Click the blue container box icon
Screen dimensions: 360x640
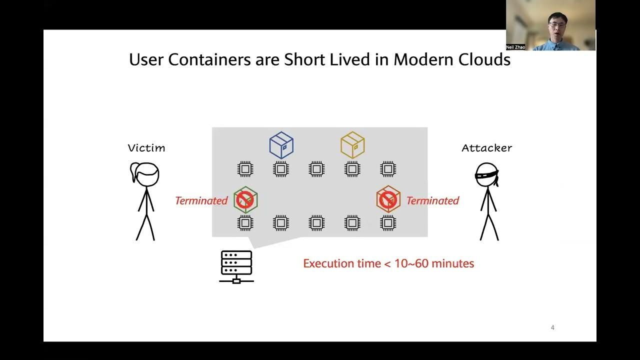tap(281, 145)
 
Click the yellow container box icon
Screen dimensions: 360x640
tap(352, 145)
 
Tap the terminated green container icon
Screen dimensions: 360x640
tap(245, 200)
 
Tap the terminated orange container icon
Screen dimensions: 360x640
tap(388, 199)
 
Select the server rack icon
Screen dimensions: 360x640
tap(236, 266)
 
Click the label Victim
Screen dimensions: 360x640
tap(146, 148)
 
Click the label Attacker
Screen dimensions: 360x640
tap(486, 148)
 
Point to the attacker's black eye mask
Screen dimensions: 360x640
tap(486, 174)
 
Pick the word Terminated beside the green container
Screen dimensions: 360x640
tap(201, 200)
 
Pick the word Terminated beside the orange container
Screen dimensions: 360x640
tap(432, 200)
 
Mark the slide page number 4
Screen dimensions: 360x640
tap(552, 327)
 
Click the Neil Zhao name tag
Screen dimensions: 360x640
tap(515, 47)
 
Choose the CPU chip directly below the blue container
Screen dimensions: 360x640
tap(281, 169)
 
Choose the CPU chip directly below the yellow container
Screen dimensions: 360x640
tap(352, 169)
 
